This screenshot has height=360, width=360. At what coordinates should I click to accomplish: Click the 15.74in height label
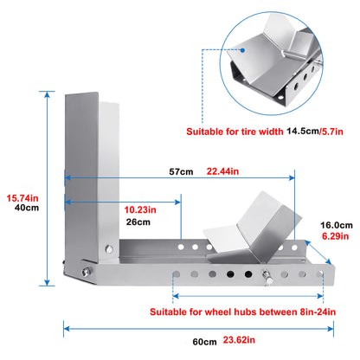click(x=22, y=198)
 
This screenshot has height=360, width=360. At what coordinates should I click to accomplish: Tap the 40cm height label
click(x=27, y=208)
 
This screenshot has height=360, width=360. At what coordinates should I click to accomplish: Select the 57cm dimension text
click(x=181, y=171)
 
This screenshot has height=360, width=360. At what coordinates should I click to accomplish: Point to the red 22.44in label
click(x=222, y=171)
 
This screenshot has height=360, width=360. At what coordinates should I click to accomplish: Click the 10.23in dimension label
click(x=140, y=209)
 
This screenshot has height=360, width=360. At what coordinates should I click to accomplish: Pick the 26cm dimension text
click(x=138, y=222)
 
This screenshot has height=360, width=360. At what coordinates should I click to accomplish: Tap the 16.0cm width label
click(x=337, y=225)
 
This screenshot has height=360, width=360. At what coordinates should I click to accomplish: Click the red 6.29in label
click(x=336, y=236)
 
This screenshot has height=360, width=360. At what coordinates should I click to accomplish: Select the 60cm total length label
click(x=205, y=342)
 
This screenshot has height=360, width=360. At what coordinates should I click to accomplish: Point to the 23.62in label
click(x=239, y=340)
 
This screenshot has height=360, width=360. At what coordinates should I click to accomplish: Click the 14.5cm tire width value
click(x=302, y=132)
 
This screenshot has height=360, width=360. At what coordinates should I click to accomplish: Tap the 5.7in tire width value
click(x=332, y=132)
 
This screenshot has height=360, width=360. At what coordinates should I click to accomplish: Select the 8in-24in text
click(x=318, y=312)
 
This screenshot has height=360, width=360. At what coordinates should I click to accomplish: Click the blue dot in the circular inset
click(x=242, y=50)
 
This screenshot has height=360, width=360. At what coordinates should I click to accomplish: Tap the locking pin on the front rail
click(x=267, y=277)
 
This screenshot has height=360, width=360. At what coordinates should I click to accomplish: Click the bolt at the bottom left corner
click(x=86, y=272)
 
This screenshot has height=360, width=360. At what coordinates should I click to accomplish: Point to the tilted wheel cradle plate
click(x=254, y=231)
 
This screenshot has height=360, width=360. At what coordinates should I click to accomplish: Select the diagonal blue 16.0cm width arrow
click(x=318, y=252)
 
